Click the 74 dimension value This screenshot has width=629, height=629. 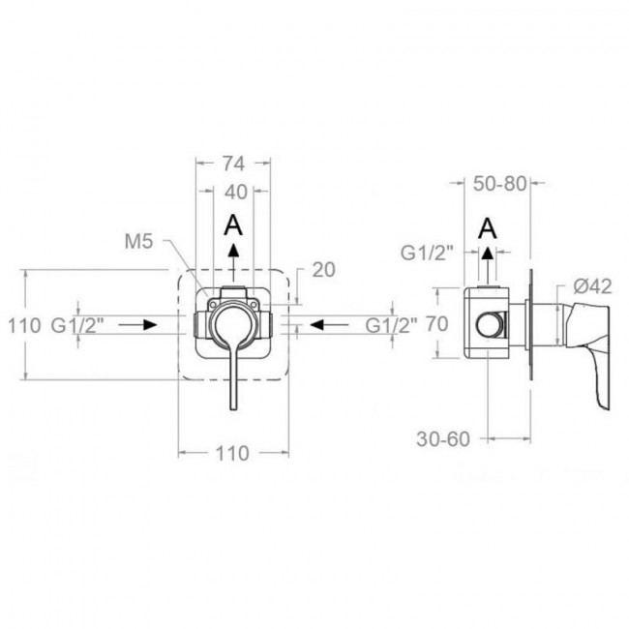(x=233, y=164)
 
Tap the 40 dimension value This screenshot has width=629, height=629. (x=235, y=193)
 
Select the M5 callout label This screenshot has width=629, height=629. (x=138, y=242)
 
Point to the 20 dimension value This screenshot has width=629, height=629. (x=324, y=270)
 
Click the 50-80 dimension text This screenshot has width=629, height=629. (x=499, y=184)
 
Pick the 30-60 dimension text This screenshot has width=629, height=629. (x=443, y=439)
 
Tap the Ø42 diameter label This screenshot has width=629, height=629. (x=592, y=286)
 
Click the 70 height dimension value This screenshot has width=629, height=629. (x=436, y=324)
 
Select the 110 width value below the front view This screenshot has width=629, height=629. (x=232, y=454)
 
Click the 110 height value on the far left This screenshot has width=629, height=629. (x=24, y=325)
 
